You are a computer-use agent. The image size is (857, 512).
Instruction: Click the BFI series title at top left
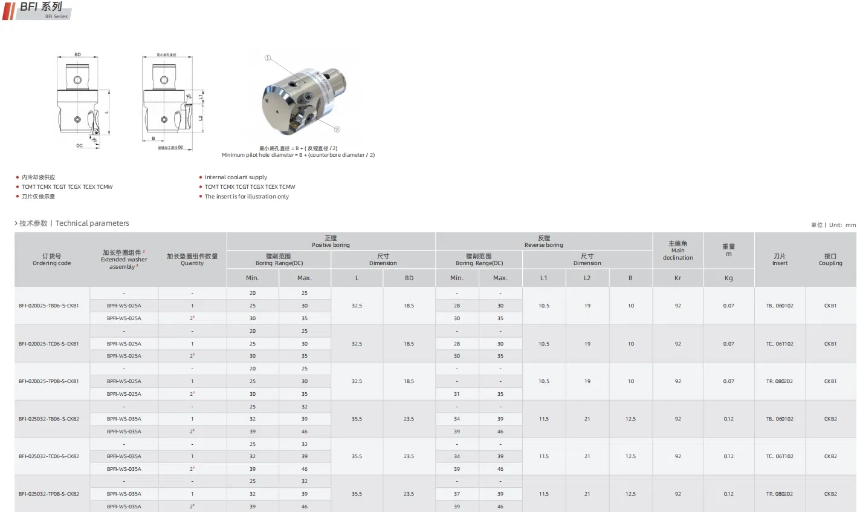click(40, 7)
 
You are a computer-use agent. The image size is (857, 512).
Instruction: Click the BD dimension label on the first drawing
click(77, 54)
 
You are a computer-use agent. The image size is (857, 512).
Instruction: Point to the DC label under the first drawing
click(79, 146)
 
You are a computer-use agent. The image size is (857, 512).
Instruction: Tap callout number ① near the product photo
click(268, 58)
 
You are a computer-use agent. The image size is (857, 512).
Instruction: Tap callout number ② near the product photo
click(337, 130)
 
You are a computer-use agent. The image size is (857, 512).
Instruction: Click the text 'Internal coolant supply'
click(236, 177)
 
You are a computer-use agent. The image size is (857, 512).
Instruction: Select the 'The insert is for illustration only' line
click(247, 197)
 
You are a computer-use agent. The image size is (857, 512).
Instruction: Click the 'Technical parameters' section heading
click(92, 223)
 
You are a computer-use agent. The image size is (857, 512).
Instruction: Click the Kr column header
click(678, 278)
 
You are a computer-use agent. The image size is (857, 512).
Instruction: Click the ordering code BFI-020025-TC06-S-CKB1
click(49, 344)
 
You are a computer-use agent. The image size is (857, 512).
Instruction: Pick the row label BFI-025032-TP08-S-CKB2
click(49, 494)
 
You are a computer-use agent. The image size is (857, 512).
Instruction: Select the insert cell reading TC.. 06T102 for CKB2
click(780, 456)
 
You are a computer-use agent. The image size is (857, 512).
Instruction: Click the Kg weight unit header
click(728, 278)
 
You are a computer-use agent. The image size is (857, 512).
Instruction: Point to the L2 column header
click(587, 278)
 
